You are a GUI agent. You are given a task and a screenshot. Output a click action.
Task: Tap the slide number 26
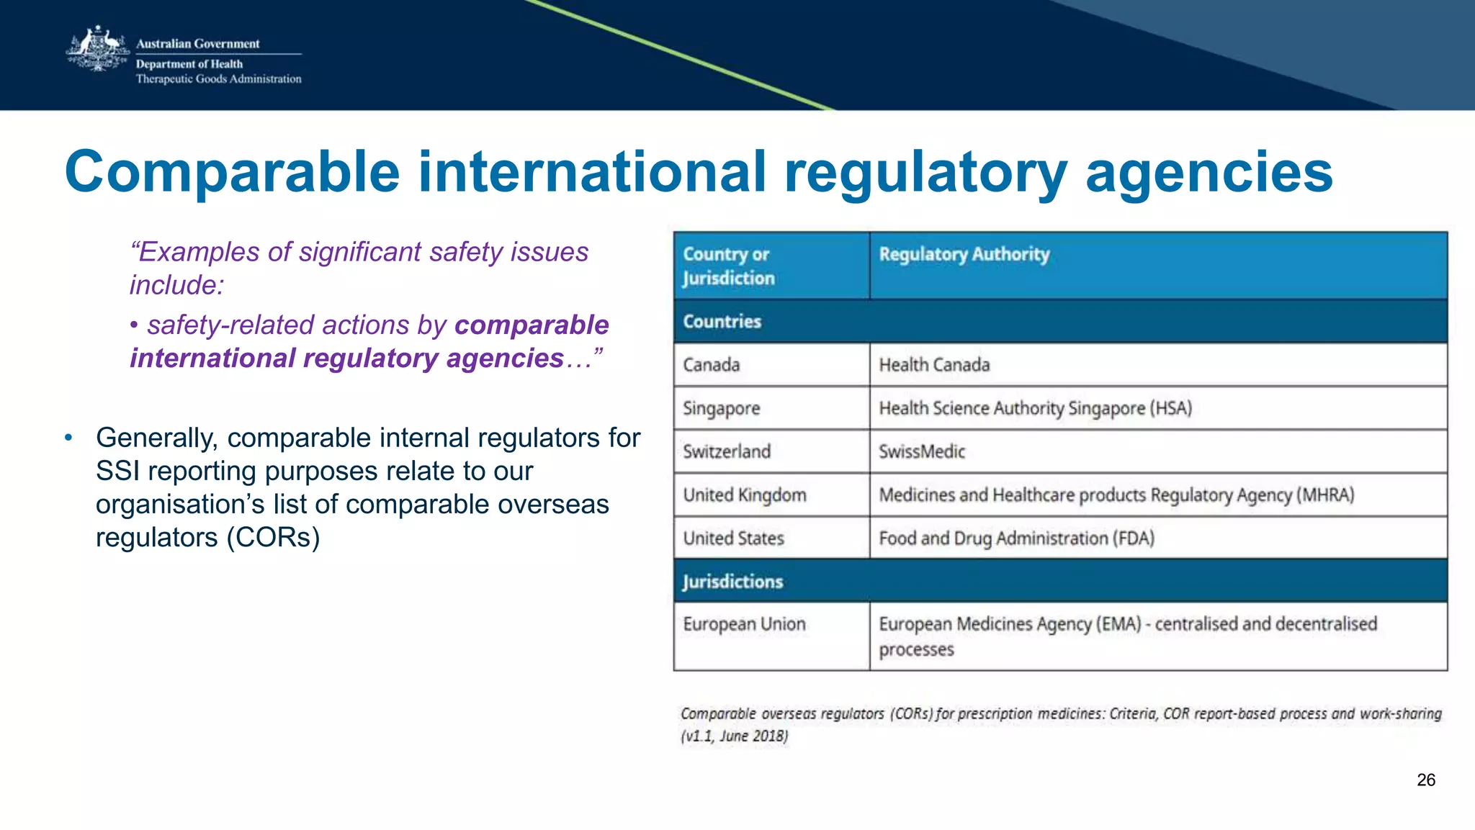[x=1425, y=780]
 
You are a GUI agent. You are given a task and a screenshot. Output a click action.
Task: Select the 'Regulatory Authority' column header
[x=964, y=254]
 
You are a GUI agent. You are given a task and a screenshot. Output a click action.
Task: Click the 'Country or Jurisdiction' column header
[x=728, y=266]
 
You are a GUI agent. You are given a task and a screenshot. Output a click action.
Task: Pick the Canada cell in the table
[x=711, y=365]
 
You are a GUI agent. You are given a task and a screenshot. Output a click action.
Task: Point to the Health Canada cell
[x=934, y=365]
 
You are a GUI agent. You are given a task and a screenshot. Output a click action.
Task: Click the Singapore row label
[x=721, y=409]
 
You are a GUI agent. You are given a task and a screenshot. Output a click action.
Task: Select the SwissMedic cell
[x=922, y=452]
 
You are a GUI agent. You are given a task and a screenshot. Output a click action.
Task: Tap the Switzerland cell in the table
[x=727, y=452]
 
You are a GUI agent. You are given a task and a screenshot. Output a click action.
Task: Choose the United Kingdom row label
[x=745, y=495]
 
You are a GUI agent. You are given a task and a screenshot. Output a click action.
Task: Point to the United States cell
[x=733, y=538]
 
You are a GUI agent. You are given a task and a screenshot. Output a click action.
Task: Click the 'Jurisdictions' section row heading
[x=732, y=582]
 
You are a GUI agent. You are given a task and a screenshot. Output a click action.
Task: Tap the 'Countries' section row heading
[x=722, y=322]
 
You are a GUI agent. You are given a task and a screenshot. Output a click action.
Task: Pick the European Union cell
[x=744, y=624]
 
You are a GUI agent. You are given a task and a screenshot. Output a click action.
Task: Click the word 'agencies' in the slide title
[x=1209, y=173]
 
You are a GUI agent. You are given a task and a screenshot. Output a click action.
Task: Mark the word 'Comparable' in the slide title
[x=232, y=173]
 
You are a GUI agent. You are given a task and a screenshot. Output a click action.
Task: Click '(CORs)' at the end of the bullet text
[x=273, y=538]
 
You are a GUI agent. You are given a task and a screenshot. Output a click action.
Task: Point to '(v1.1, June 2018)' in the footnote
[x=735, y=736]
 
